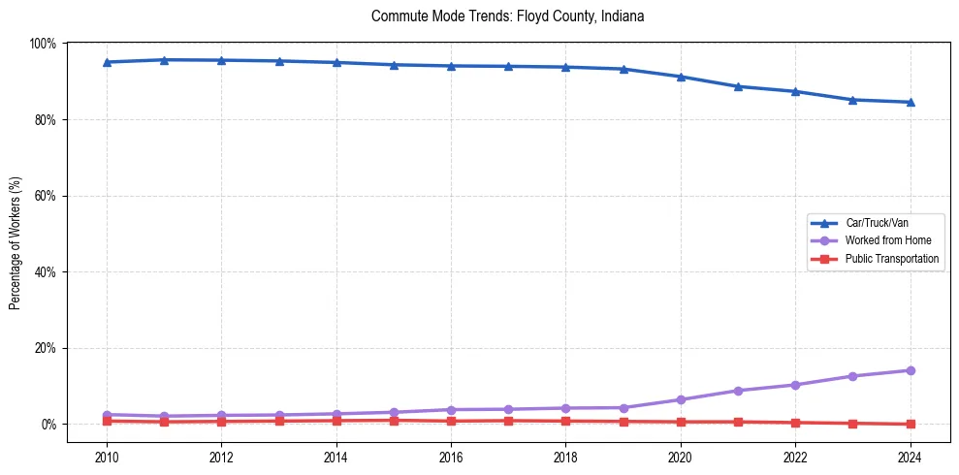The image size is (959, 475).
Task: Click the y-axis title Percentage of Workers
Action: pos(15,242)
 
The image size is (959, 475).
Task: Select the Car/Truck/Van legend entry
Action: pos(877,223)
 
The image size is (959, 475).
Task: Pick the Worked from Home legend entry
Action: pos(887,240)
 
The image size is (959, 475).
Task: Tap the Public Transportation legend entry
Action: pos(891,259)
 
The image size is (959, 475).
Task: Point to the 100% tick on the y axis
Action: pos(42,44)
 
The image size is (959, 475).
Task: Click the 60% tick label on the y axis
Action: pos(45,196)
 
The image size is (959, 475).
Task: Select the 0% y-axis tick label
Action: pos(48,425)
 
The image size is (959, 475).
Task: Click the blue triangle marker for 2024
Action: pos(910,102)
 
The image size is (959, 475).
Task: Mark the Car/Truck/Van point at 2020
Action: pos(681,77)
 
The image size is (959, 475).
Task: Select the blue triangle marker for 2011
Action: pos(164,60)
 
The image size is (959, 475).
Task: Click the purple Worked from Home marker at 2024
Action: pos(910,370)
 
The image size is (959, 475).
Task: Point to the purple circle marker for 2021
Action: pos(738,391)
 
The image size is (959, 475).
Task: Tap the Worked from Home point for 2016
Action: pos(451,410)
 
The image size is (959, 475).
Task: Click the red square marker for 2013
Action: pos(279,421)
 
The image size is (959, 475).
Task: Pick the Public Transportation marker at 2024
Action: pos(910,424)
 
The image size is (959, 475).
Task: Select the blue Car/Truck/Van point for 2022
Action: pos(795,91)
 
